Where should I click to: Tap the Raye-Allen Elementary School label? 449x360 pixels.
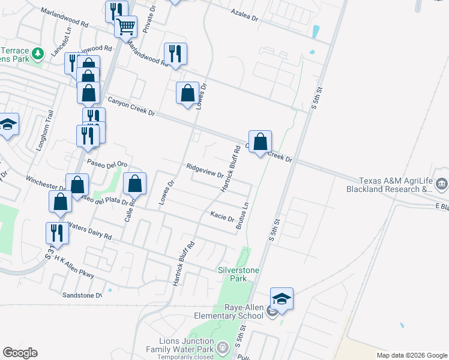(228, 311)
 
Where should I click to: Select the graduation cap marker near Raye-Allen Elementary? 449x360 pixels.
(282, 299)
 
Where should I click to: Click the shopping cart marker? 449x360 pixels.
(125, 27)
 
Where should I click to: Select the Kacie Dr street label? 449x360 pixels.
(222, 216)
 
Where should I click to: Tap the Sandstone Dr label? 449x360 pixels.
(82, 295)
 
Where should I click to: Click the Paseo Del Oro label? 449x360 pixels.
(107, 164)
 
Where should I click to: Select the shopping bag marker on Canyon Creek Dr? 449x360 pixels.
(260, 143)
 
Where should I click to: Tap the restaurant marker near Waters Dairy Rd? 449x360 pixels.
(57, 232)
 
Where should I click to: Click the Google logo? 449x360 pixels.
(20, 353)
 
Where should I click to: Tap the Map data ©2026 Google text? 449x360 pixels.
(411, 355)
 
